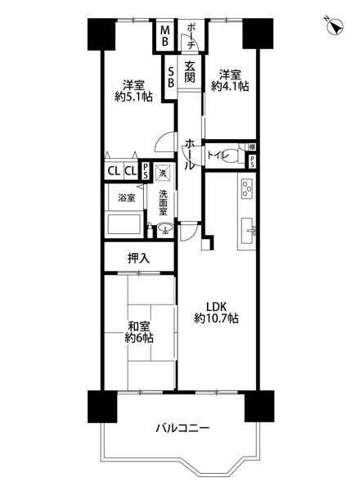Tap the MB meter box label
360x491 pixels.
pos(165,36)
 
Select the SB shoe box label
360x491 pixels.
pos(171,77)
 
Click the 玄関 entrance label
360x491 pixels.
pos(190,72)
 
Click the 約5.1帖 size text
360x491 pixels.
pos(133,97)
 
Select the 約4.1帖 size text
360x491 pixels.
pos(230,86)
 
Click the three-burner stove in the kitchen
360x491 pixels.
pos(247,189)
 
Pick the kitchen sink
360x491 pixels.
pos(249,230)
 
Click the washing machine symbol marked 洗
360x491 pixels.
pos(163,172)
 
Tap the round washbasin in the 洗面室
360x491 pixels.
pos(165,228)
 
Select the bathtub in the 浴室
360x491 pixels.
pos(124,223)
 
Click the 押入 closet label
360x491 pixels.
pos(138,258)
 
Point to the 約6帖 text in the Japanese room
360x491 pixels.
pos(139,338)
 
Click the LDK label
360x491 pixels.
pos(216,307)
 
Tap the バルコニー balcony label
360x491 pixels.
pos(182,427)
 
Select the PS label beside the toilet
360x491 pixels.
pos(252,162)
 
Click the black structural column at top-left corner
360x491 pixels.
pos(101,34)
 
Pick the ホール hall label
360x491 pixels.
pos(189,155)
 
